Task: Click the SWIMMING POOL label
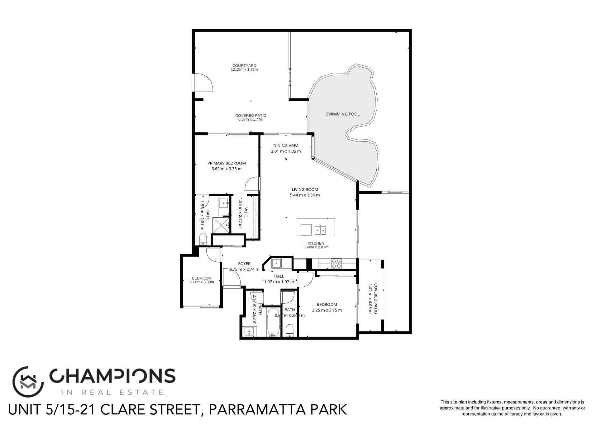click(342, 114)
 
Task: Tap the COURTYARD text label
click(244, 66)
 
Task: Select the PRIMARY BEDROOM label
click(227, 163)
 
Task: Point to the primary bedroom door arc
click(252, 184)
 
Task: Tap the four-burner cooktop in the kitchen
click(336, 264)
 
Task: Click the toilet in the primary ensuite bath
click(203, 239)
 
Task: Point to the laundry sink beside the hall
click(276, 264)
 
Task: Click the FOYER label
click(244, 264)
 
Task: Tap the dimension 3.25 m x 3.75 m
click(327, 310)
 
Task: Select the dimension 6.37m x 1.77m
click(251, 120)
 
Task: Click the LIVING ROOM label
click(304, 189)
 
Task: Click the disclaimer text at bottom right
click(512, 408)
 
